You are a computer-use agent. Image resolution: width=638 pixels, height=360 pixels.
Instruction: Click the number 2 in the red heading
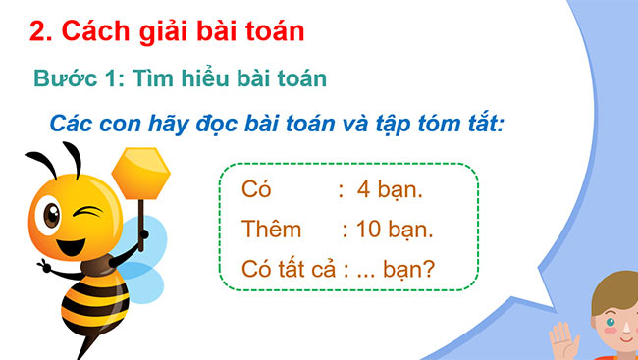pyautogui.click(x=39, y=31)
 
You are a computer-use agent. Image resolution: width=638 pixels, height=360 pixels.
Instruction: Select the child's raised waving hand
pyautogui.click(x=565, y=340)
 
